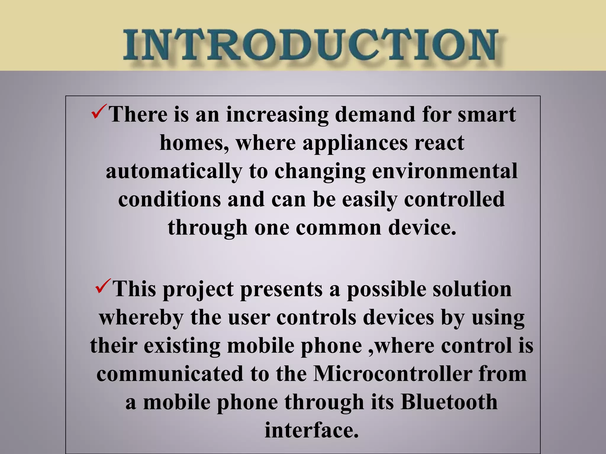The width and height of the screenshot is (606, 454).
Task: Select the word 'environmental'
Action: tap(445, 171)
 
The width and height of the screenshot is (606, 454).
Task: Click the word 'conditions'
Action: tap(169, 199)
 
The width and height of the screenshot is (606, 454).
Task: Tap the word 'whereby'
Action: tap(141, 318)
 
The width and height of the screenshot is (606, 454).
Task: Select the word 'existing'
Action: tap(182, 346)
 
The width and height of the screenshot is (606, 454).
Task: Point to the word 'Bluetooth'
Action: tap(449, 402)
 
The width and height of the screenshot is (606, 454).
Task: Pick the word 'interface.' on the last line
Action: tap(312, 430)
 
